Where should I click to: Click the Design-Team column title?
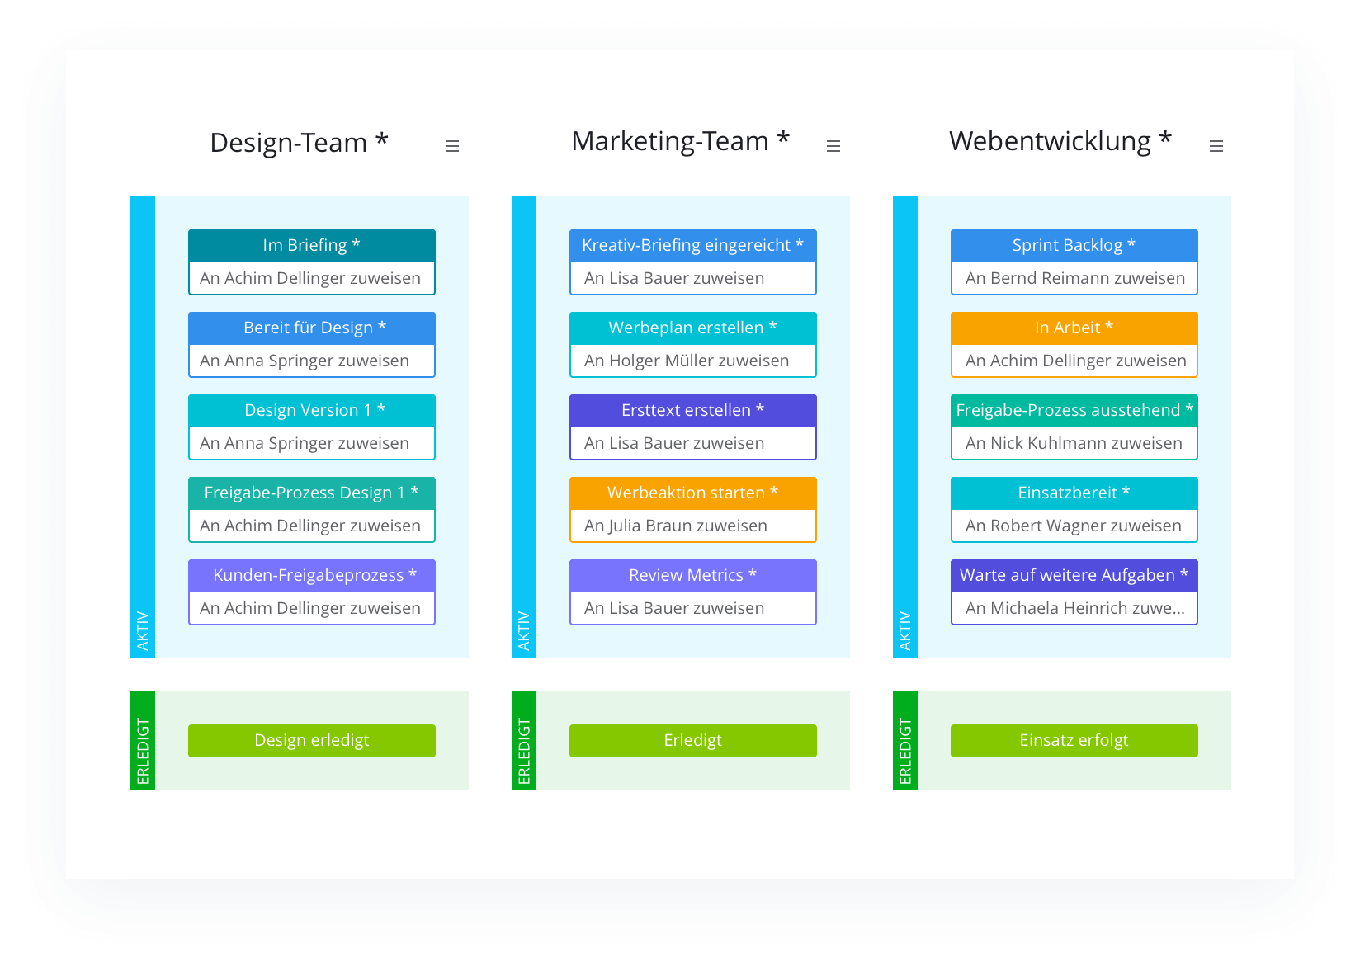(x=299, y=143)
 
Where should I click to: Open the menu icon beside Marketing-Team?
(x=833, y=146)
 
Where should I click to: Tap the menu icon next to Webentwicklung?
(x=1216, y=146)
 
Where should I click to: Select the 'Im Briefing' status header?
(x=311, y=245)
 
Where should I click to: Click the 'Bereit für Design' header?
(x=311, y=328)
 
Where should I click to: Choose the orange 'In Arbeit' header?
(x=1074, y=328)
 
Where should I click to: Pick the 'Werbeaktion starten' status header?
(x=692, y=493)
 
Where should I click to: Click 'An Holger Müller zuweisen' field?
(x=692, y=361)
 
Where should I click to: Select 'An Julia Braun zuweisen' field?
(x=692, y=526)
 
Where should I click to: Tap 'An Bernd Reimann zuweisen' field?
(x=1074, y=278)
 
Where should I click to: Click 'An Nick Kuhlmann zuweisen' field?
(x=1074, y=443)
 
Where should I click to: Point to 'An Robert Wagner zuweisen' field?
(x=1074, y=526)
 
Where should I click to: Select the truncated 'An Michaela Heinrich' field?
(x=1074, y=608)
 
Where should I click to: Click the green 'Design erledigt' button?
(x=311, y=740)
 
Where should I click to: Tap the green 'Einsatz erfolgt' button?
(x=1074, y=740)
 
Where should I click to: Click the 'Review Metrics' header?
(x=692, y=575)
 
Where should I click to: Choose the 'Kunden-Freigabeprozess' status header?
(x=311, y=575)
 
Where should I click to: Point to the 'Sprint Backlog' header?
(x=1074, y=245)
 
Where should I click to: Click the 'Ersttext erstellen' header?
(x=692, y=410)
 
